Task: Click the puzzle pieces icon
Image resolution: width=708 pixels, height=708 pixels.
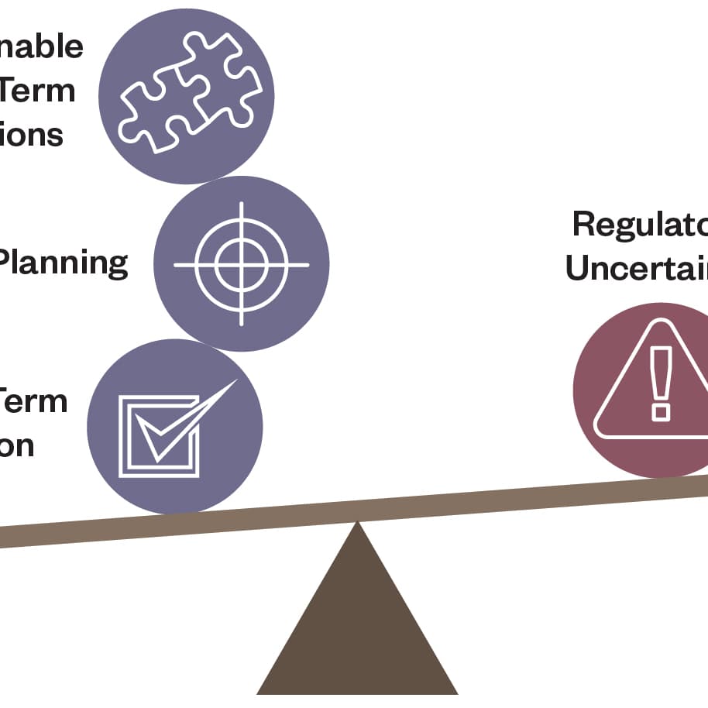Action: [187, 95]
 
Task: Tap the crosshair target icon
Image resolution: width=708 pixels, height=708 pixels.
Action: [241, 264]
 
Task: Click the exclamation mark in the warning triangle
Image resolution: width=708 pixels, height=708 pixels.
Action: [661, 383]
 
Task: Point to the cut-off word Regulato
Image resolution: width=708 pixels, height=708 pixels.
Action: [640, 225]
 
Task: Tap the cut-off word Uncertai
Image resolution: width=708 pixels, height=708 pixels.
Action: [636, 268]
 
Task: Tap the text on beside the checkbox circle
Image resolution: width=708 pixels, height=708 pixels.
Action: [16, 446]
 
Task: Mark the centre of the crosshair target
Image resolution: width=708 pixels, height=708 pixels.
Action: [241, 264]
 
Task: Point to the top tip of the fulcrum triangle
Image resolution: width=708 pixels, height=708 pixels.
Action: [357, 524]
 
